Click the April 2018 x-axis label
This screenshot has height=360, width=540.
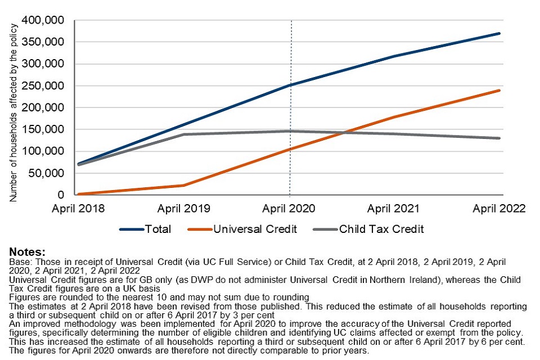click(x=78, y=209)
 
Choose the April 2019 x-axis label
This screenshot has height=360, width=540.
click(x=184, y=209)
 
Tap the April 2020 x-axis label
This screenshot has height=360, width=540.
click(x=289, y=209)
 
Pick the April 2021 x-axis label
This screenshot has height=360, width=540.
click(x=394, y=209)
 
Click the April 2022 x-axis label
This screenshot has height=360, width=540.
click(x=499, y=209)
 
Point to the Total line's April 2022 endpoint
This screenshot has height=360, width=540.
click(x=499, y=34)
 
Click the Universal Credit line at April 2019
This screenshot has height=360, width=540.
click(x=184, y=185)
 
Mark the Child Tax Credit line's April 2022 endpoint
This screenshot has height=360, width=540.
click(x=499, y=138)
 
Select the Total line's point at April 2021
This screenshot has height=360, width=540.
click(x=394, y=56)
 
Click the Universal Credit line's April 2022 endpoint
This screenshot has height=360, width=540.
click(x=499, y=90)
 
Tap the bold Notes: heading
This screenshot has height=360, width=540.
click(x=27, y=251)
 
